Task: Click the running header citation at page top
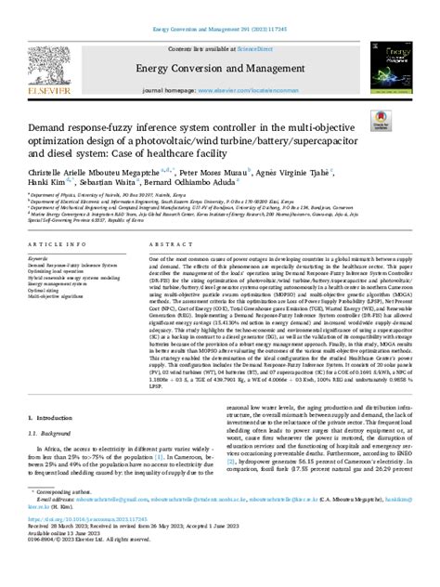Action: [219, 8]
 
